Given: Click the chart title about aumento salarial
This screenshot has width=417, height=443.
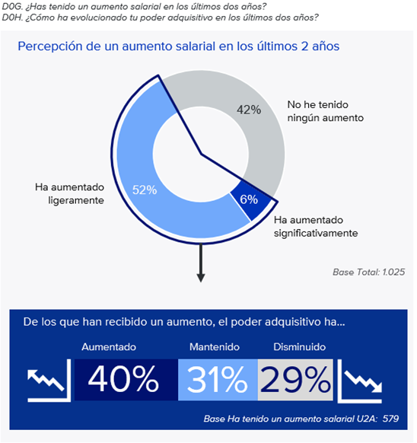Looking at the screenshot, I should coord(178,46).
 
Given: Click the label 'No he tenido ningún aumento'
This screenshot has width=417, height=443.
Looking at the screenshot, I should coord(325,111).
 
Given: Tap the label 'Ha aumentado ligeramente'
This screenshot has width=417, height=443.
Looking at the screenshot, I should coord(69,193).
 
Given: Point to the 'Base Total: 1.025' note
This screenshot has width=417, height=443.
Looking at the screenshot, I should coord(368,272).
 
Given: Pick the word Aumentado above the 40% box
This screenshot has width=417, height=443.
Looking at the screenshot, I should coord(109,346).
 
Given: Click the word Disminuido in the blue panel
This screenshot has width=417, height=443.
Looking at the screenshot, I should coord(299,346).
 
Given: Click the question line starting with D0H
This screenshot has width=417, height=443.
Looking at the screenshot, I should coord(161,18).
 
